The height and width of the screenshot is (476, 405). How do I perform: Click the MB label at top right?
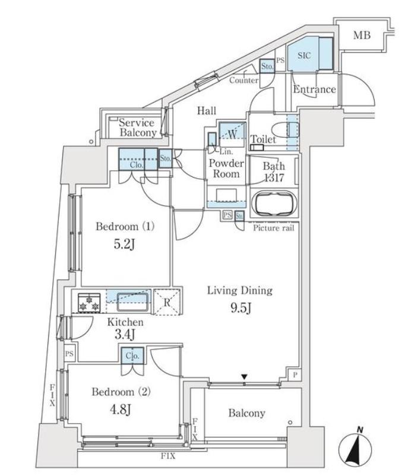pos(362,35)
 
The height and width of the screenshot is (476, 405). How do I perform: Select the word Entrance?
pos(314,90)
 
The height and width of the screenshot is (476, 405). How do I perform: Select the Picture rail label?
pos(273,228)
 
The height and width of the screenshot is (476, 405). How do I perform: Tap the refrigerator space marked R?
pos(167,300)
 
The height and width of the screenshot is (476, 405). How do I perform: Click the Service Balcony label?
pos(137,128)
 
